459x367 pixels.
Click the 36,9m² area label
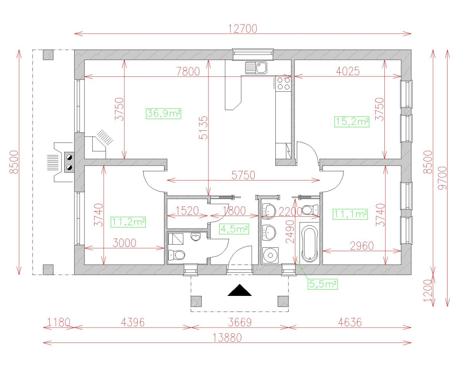click(163, 114)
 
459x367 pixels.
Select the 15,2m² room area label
click(352, 122)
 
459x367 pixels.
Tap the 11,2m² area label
click(128, 222)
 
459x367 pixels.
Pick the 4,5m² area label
click(234, 229)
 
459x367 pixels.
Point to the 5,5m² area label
click(323, 284)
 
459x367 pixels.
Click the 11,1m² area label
click(350, 214)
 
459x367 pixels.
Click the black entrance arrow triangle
click(239, 291)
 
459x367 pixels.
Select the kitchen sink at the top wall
click(257, 68)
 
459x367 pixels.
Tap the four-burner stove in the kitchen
click(283, 83)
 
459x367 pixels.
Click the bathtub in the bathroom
click(309, 244)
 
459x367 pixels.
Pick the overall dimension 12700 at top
click(243, 28)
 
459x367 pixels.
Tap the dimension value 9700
click(443, 178)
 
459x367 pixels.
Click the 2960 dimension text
click(361, 246)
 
